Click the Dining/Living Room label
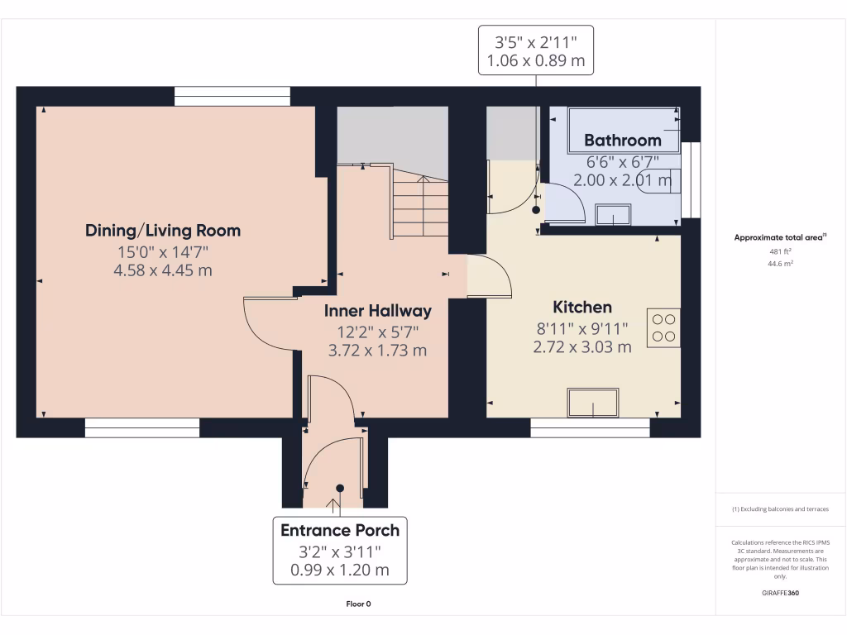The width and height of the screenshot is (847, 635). click(163, 230)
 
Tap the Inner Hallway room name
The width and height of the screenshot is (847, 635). click(377, 311)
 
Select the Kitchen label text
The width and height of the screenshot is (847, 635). click(582, 307)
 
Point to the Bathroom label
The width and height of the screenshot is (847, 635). click(622, 140)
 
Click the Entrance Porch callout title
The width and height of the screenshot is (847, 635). click(340, 530)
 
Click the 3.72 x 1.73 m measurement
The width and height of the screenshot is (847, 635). click(377, 350)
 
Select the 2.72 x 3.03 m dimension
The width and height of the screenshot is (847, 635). click(582, 346)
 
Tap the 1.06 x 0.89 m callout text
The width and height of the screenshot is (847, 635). click(535, 60)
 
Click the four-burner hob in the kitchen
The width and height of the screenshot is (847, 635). click(663, 327)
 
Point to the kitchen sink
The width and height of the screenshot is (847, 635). click(592, 403)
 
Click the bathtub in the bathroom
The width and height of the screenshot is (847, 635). click(622, 130)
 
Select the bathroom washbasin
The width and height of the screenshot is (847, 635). click(612, 214)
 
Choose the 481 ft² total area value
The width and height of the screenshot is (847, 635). click(780, 252)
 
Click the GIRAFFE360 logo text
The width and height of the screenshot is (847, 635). click(780, 593)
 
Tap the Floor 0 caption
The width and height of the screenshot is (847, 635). click(358, 604)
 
